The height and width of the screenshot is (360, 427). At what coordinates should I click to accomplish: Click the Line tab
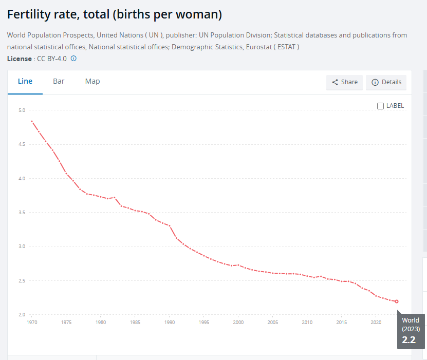click(x=25, y=81)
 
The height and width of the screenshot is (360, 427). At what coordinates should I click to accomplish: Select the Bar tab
click(x=59, y=81)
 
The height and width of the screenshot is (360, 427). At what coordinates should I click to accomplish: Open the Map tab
click(x=92, y=81)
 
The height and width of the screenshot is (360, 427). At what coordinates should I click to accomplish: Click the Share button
click(x=344, y=82)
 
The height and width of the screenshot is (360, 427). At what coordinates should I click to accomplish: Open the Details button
click(x=386, y=82)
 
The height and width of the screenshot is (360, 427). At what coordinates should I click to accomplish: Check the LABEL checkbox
click(x=381, y=106)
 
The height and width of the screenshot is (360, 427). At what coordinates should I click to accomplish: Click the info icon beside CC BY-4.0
click(x=73, y=59)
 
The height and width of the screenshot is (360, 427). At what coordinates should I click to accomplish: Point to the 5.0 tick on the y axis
click(x=21, y=110)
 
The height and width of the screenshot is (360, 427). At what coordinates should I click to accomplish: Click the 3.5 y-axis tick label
click(x=21, y=213)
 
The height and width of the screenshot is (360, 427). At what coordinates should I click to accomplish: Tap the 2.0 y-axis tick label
click(x=21, y=315)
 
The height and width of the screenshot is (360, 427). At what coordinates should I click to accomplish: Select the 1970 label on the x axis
click(x=31, y=323)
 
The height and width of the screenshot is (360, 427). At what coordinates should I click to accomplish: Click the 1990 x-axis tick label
click(x=169, y=323)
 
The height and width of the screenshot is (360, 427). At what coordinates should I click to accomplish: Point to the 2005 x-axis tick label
click(x=273, y=323)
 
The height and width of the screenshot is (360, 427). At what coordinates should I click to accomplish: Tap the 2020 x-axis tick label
click(x=376, y=323)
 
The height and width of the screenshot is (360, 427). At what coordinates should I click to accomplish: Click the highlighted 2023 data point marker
click(x=397, y=301)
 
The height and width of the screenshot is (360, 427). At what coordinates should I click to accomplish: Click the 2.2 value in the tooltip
click(x=409, y=339)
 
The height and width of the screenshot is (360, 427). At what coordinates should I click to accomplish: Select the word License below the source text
click(x=19, y=59)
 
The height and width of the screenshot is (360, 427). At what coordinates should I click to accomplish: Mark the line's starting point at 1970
click(x=32, y=121)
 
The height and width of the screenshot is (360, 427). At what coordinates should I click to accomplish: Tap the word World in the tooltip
click(x=411, y=320)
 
